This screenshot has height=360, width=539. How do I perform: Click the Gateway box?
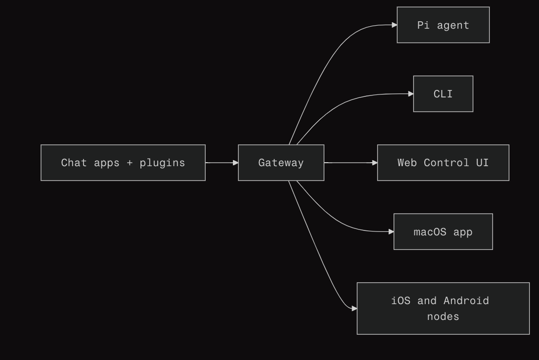pos(281,163)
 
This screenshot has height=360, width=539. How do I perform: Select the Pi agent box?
pos(443,25)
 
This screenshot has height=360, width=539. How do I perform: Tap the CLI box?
pos(443,94)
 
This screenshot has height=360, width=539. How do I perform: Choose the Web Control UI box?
pos(443,163)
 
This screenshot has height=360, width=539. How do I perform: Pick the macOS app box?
pos(443,231)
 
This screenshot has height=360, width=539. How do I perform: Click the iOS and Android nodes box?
pos(443,309)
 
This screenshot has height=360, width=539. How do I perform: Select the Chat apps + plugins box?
pos(123,163)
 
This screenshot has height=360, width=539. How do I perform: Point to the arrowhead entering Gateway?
pos(235,163)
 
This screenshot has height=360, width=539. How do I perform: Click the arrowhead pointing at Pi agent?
pos(394,25)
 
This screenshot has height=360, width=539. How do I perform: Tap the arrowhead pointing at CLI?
pos(410,93)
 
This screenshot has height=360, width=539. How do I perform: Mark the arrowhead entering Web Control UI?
pos(374,163)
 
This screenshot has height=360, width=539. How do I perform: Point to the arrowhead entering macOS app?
pos(391,231)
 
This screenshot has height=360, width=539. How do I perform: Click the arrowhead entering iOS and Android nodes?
pos(354,309)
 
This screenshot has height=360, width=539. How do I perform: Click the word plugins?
pos(162,163)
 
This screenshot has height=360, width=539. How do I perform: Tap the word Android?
pos(466,301)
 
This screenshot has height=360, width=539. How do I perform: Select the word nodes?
pos(443,316)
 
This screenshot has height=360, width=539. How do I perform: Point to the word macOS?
pos(430,231)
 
